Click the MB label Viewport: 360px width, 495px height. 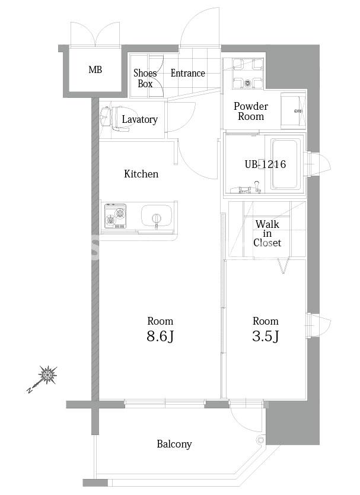tap(95, 69)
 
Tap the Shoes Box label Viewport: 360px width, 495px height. tap(145, 78)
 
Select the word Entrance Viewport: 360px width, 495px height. tap(188, 73)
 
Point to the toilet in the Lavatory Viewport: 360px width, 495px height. tap(117, 119)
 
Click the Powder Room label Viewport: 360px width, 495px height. tap(251, 111)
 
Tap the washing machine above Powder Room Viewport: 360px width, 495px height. tap(248, 74)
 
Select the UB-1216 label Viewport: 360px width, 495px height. tap(265, 164)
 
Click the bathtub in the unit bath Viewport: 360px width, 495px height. tap(284, 164)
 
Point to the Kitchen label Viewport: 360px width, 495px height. tap(141, 174)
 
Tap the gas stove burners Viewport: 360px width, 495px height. tap(116, 215)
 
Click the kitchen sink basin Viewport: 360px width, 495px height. tap(157, 216)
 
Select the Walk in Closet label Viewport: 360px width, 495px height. tap(267, 233)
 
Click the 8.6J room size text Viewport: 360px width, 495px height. tap(160, 337)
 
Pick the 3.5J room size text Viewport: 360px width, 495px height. tap(266, 337)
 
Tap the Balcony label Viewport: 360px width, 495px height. tap(174, 444)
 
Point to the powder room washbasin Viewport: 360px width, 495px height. tap(294, 111)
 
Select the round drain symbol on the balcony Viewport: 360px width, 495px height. tap(260, 439)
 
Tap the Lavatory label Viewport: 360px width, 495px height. tap(140, 119)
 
